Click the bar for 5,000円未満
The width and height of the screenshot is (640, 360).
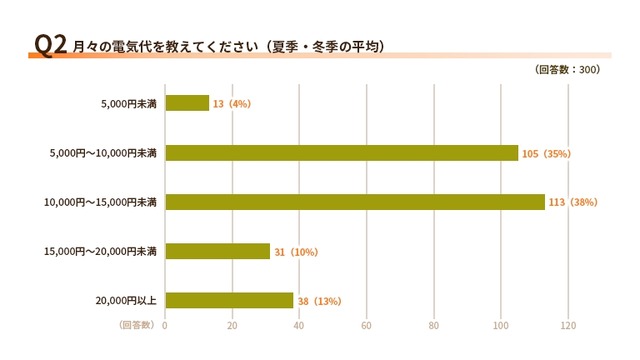187,103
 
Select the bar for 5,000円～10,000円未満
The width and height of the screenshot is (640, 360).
341,153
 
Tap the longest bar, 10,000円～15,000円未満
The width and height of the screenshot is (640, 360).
354,202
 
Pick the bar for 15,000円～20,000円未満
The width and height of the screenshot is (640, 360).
217,251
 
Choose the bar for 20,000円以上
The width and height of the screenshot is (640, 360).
229,300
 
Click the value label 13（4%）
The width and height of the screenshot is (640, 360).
231,103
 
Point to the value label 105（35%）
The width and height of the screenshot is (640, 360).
546,153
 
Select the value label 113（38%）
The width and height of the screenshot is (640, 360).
573,202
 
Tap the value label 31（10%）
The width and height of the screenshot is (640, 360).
295,251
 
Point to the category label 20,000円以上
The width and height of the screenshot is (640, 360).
128,300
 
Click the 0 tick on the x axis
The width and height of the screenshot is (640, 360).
165,325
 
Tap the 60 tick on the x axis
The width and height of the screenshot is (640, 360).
366,325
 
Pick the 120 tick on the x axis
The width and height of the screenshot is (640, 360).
568,325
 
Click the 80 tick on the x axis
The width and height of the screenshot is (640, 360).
433,325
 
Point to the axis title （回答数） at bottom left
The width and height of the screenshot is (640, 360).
135,325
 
